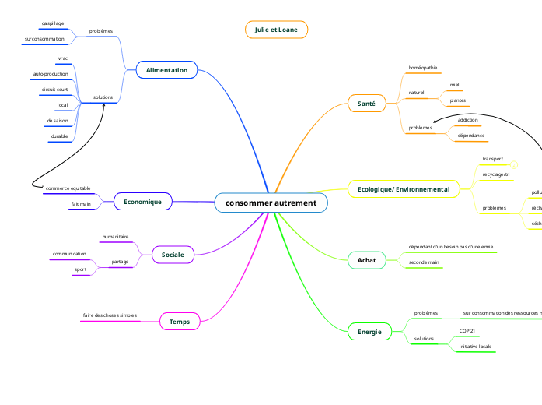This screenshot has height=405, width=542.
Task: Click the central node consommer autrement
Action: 271,203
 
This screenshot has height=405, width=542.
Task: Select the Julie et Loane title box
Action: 276,30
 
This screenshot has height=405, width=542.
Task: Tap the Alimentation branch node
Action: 166,70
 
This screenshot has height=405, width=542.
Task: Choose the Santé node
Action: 366,103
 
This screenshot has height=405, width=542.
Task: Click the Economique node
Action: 142,202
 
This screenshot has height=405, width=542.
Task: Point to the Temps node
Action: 180,321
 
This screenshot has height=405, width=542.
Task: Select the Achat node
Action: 366,259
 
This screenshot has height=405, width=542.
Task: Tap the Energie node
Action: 369,332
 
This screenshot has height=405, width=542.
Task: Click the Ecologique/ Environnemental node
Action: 403,189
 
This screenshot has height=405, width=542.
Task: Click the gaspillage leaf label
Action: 53,23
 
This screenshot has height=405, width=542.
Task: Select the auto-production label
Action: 51,74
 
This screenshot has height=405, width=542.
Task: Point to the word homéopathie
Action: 423,68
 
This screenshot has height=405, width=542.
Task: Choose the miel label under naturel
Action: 454,84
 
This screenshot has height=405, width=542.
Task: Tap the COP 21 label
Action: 467,331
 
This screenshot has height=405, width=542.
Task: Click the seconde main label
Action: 424,262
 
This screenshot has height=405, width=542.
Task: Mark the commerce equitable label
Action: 68,188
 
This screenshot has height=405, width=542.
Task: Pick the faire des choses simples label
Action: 110,315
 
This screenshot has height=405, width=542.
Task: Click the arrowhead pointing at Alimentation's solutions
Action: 104,104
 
